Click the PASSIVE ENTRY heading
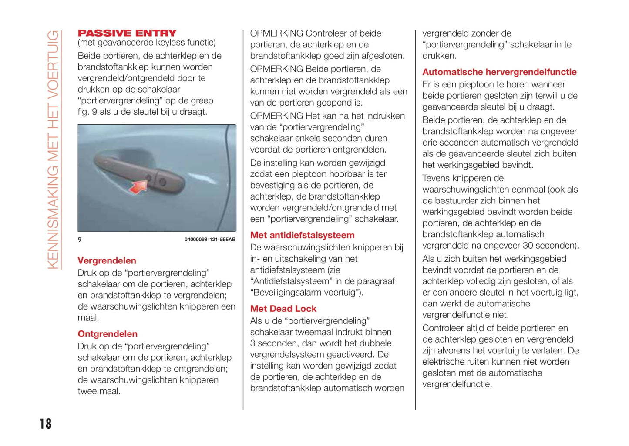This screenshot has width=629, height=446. [127, 33]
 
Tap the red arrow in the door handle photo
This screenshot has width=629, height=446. [138, 187]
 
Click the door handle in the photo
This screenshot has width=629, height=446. [139, 172]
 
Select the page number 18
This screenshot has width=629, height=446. [45, 424]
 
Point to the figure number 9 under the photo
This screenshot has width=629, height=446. [80, 240]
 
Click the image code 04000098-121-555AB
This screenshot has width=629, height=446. [210, 240]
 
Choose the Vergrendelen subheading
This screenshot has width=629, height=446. [107, 261]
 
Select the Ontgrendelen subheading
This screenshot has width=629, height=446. [108, 334]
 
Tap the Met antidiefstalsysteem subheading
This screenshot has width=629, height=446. [302, 236]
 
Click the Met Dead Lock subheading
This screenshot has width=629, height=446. [283, 309]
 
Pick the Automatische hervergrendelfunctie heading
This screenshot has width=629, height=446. [499, 72]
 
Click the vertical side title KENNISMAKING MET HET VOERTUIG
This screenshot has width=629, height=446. [53, 150]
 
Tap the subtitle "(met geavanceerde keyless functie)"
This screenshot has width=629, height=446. [147, 43]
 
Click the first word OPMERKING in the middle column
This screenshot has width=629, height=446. [276, 33]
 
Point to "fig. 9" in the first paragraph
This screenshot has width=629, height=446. [87, 112]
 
